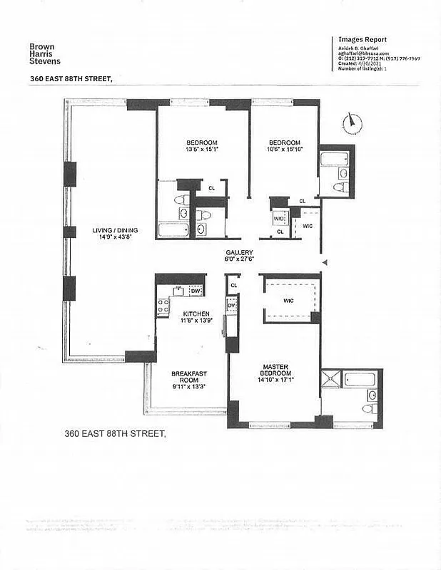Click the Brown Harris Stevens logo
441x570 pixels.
(x=45, y=55)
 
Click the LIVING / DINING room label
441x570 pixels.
(x=115, y=230)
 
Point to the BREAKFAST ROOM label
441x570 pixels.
(x=189, y=377)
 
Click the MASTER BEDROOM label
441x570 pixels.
(x=275, y=370)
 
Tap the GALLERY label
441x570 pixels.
(x=239, y=253)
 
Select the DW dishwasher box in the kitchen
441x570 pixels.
(x=196, y=291)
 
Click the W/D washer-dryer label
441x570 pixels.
(x=279, y=218)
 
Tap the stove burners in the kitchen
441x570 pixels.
(x=163, y=306)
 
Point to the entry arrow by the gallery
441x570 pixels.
(x=325, y=264)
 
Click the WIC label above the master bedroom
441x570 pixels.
(x=288, y=301)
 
